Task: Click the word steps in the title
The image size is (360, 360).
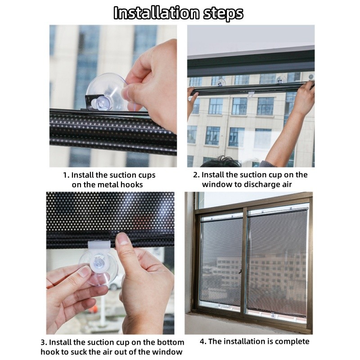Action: pos(223,14)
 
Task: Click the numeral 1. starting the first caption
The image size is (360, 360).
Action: pos(66,175)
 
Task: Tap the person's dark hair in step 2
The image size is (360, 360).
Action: pos(220,162)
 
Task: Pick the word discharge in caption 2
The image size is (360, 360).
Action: pos(260,184)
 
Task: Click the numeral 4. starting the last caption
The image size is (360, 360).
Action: pos(203,342)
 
